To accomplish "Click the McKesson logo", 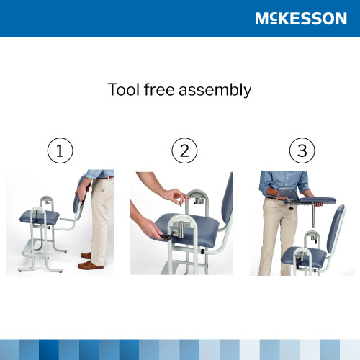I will click(300, 19).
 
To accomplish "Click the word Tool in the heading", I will click(122, 90).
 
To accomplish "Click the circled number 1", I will click(60, 151).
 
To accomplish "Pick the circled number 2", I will click(184, 151).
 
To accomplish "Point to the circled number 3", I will click(302, 151).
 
